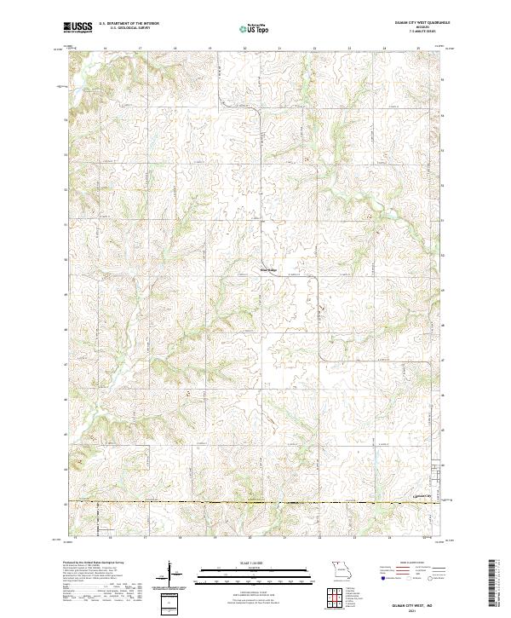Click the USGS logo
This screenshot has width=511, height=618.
click(78, 28)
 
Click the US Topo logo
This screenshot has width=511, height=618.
click(255, 29)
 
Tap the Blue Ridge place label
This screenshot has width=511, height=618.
click(268, 271)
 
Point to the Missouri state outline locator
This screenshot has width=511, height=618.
click(341, 569)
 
